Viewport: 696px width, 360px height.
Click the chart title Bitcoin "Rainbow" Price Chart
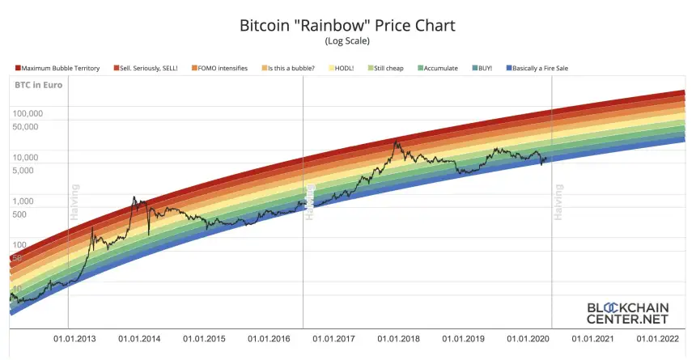pos(348,25)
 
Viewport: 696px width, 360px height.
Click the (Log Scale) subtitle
pos(348,41)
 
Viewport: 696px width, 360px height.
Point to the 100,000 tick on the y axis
pos(27,113)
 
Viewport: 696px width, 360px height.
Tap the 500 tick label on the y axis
pos(20,214)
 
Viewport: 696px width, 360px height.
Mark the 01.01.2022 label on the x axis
pos(659,339)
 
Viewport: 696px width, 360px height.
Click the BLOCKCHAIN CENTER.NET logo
pos(626,313)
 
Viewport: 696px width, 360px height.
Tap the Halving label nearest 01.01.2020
pos(558,201)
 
